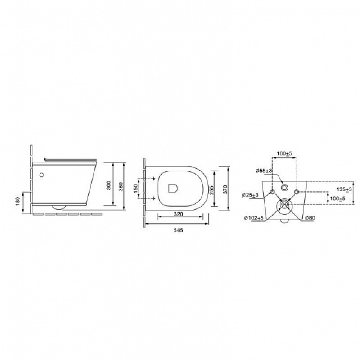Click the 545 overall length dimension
pos(178,230)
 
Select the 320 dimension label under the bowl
pos(178,214)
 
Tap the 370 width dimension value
pos(225,189)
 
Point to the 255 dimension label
pos(212,190)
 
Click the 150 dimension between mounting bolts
pos(136,189)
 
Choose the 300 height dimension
pos(108,185)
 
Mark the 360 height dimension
pos(121,186)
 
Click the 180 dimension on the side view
pos(18,201)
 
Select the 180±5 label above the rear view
pos(284,153)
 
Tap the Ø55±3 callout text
pos(264,171)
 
